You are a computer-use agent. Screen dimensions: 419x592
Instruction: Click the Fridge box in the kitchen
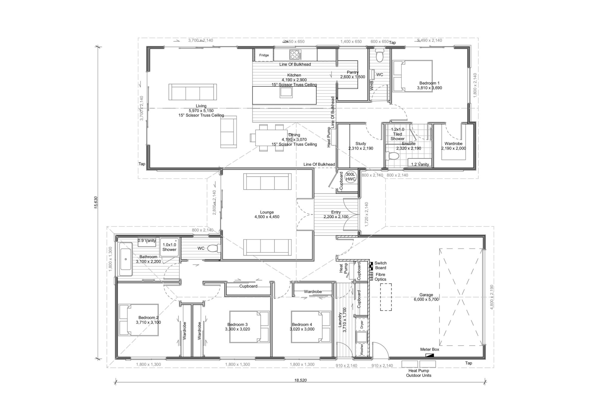(x=264, y=55)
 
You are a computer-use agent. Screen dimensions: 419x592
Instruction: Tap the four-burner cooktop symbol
(x=295, y=55)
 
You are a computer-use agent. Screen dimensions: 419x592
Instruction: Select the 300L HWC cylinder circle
(x=350, y=177)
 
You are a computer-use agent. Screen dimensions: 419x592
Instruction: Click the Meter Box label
(x=429, y=349)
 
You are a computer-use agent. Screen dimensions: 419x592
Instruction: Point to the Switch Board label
(x=380, y=265)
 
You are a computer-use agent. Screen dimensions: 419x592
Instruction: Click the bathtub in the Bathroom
(x=126, y=259)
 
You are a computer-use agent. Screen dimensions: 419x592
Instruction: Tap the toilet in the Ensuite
(x=393, y=156)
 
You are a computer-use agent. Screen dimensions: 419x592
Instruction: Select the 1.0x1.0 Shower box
(x=170, y=247)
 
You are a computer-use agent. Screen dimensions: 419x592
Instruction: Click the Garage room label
(x=426, y=297)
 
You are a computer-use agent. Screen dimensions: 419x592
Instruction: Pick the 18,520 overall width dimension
(x=300, y=380)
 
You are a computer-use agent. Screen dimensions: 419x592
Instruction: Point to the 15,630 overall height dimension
(x=96, y=202)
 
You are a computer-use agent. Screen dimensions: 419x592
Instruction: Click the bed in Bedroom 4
(x=311, y=327)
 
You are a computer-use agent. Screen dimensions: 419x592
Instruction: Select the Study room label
(x=361, y=146)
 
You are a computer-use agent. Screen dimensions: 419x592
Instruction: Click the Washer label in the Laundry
(x=361, y=349)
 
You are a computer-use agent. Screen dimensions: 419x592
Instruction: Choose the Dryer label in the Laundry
(x=361, y=324)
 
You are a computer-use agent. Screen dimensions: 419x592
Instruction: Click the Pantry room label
(x=353, y=75)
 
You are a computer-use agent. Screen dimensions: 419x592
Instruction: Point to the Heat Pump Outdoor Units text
(x=419, y=373)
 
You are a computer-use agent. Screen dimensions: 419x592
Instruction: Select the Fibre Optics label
(x=380, y=277)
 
